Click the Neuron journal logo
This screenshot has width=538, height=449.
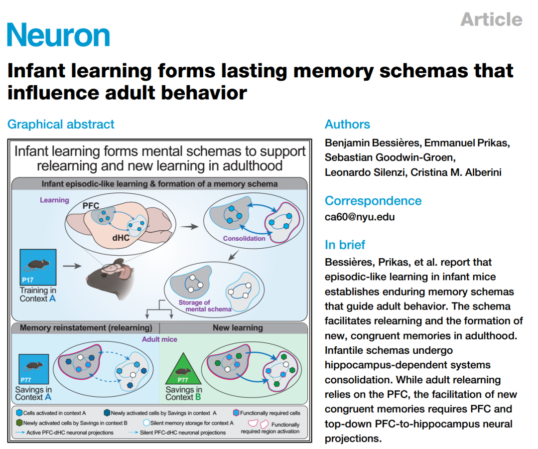(x=58, y=34)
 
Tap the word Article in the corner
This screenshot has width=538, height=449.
(x=491, y=19)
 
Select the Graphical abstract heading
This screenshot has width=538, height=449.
(x=61, y=124)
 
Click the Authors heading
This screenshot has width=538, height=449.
(x=347, y=124)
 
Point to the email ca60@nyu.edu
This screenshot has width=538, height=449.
(x=360, y=217)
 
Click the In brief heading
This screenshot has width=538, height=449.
(x=345, y=245)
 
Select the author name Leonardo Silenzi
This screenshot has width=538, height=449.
(x=365, y=172)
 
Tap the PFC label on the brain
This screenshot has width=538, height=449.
(x=91, y=206)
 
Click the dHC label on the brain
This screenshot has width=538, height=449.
(x=121, y=238)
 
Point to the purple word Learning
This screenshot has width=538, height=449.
(x=55, y=200)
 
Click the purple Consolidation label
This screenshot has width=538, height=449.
(x=244, y=238)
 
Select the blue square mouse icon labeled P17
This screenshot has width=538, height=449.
(x=38, y=267)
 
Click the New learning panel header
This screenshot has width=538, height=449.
(x=238, y=328)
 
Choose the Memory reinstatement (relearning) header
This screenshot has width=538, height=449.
(x=86, y=328)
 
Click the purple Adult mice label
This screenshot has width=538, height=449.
(x=159, y=339)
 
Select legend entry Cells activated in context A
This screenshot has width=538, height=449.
(x=51, y=413)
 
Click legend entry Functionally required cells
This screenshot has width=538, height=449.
(x=267, y=413)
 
